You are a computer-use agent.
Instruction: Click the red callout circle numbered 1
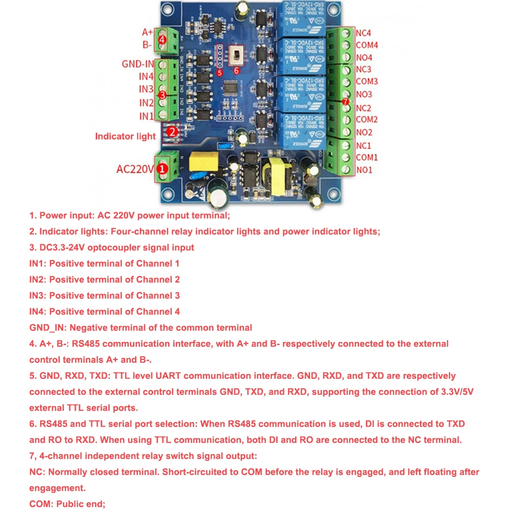[162, 168]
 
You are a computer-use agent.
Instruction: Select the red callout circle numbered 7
[346, 102]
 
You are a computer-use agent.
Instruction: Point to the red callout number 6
[236, 71]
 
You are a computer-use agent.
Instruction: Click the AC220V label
[134, 168]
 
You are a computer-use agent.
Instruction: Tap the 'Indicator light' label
[125, 136]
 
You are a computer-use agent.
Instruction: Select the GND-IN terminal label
[138, 64]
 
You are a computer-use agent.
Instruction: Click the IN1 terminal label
[147, 117]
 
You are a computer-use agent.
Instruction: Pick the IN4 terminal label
[147, 77]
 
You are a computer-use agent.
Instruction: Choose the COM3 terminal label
[366, 81]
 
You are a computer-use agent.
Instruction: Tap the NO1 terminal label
[364, 169]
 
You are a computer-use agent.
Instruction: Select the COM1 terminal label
[366, 157]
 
